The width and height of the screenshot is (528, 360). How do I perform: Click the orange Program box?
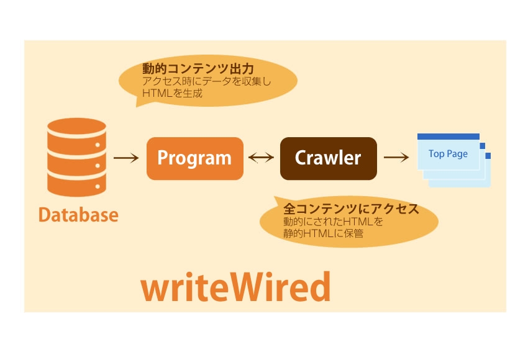[195, 158]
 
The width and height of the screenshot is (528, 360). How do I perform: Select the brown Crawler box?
[329, 158]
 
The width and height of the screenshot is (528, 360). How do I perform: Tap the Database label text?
[78, 215]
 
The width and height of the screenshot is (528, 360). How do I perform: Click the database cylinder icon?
[77, 157]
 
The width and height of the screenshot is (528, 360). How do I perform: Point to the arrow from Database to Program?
[126, 158]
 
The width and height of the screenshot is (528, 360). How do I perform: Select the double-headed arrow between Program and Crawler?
[262, 158]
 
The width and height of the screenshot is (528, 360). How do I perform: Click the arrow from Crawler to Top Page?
[396, 157]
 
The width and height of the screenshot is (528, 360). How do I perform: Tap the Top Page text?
[448, 154]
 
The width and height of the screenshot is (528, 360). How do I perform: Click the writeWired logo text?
[235, 287]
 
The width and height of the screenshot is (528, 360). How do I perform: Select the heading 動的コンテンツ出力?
[198, 69]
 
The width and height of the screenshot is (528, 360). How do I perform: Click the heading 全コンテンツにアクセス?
[351, 209]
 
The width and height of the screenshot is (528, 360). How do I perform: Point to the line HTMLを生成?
[172, 93]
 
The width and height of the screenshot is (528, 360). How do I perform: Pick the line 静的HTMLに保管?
[323, 233]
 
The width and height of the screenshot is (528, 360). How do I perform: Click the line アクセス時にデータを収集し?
[206, 81]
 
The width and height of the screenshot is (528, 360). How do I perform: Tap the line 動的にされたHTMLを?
[333, 222]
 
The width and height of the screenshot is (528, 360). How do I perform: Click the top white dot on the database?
[98, 145]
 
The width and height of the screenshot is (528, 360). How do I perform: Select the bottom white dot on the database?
[98, 186]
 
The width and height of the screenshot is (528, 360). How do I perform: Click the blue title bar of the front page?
[448, 137]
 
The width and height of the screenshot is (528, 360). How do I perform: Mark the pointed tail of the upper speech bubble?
[136, 107]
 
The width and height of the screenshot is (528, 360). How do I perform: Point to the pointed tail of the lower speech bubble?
[275, 197]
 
